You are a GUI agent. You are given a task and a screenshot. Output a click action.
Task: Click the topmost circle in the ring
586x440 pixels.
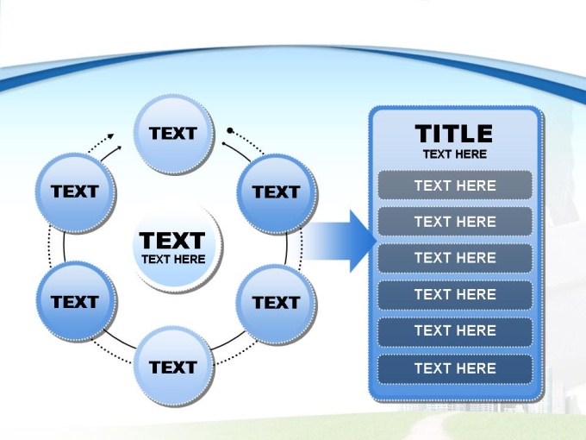click(173, 133)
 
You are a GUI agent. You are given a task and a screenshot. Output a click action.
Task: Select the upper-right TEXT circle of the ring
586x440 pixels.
click(276, 192)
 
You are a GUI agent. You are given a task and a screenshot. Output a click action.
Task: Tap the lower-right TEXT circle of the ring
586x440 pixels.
click(276, 302)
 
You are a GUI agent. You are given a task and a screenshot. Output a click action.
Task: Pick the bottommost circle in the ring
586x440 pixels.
click(173, 367)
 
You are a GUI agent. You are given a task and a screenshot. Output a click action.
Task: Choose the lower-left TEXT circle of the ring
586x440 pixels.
click(75, 302)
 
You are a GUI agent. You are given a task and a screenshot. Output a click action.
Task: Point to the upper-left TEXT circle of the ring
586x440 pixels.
click(75, 192)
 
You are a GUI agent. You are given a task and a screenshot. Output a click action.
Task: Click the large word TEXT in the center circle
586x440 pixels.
click(173, 240)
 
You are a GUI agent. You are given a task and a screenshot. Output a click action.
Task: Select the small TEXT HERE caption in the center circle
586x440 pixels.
click(173, 259)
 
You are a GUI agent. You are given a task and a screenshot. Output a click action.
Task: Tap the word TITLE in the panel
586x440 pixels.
click(454, 134)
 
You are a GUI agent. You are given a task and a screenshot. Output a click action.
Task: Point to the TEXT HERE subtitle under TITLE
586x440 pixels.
click(454, 154)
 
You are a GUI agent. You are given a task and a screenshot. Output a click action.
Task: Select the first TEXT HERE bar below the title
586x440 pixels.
click(454, 185)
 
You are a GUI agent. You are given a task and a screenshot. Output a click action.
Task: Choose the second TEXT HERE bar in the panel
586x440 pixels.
click(454, 222)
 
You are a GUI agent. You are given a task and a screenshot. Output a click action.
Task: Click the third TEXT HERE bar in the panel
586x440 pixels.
click(454, 258)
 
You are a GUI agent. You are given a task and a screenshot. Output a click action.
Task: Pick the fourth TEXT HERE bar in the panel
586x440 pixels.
click(454, 294)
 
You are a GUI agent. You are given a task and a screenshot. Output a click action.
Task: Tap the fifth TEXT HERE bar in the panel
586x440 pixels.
click(454, 330)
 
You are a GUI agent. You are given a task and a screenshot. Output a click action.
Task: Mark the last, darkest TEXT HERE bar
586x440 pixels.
click(454, 368)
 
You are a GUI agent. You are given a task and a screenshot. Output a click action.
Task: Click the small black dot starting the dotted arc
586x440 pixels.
click(229, 131)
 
